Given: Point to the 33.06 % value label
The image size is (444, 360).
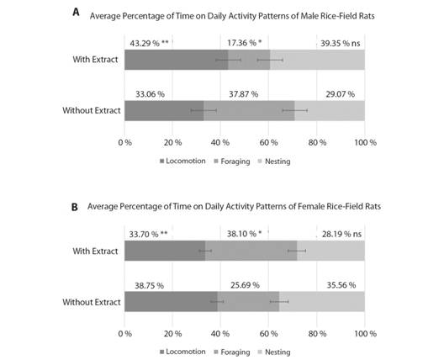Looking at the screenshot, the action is pyautogui.click(x=150, y=94).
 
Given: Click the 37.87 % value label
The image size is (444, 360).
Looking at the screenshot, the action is pyautogui.click(x=244, y=94).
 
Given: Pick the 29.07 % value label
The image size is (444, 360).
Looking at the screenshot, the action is pyautogui.click(x=340, y=94).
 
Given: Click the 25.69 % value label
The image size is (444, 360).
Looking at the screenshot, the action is pyautogui.click(x=245, y=285).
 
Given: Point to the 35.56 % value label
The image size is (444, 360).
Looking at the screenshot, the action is pyautogui.click(x=341, y=285).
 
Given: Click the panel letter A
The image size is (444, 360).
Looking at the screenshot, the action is pyautogui.click(x=76, y=12).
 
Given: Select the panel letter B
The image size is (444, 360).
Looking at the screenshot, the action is pyautogui.click(x=75, y=207).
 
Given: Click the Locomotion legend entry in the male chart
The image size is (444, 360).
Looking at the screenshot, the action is pyautogui.click(x=182, y=161).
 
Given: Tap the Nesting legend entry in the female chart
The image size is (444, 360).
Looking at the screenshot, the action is pyautogui.click(x=274, y=352).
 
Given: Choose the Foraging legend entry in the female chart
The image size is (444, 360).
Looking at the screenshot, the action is pyautogui.click(x=232, y=352).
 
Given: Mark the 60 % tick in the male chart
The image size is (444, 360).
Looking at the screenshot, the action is pyautogui.click(x=268, y=142).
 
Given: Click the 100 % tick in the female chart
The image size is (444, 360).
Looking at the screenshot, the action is pyautogui.click(x=365, y=333).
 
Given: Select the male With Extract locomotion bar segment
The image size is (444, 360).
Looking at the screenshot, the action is pyautogui.click(x=176, y=60).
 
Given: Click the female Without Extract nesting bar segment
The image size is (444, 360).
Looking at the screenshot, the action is pyautogui.click(x=322, y=302).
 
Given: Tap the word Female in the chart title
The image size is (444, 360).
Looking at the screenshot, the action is pyautogui.click(x=310, y=206).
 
